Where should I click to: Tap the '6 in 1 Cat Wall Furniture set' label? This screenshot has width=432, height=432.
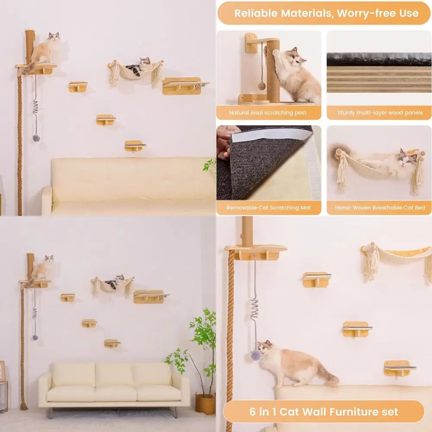324,411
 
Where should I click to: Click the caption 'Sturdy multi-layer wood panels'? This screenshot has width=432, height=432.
379,113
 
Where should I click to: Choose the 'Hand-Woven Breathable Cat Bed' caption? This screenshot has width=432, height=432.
379,208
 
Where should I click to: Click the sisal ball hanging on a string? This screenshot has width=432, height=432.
262,85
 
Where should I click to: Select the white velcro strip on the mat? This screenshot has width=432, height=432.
272,136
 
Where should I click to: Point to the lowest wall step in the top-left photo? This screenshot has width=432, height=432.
134,146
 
